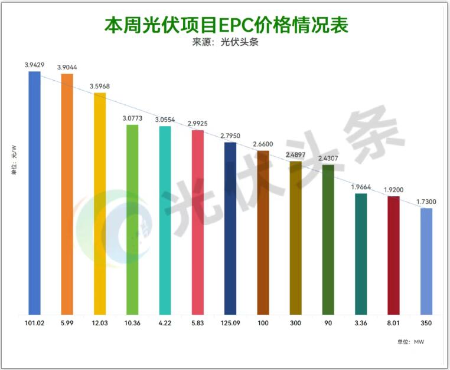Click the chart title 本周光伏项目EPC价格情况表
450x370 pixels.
225,25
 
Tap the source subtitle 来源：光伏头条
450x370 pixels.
225,42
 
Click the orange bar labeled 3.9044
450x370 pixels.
67,194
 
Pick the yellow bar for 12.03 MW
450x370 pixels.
100,204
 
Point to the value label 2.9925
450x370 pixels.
198,124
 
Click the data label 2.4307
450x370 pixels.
328,158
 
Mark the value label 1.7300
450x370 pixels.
426,201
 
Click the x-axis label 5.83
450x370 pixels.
198,324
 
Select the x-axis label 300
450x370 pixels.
295,324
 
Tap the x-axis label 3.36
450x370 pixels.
361,324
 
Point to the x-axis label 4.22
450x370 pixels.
165,324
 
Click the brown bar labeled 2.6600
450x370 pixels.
263,233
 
